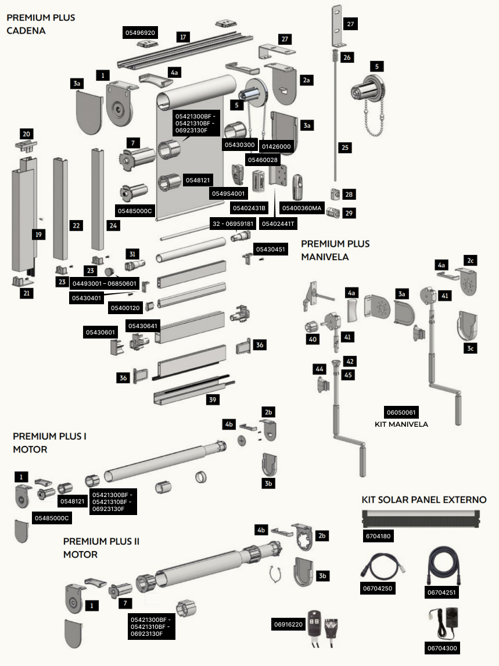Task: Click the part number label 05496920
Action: (140, 33)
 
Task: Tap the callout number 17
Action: (183, 37)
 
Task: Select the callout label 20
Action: (26, 134)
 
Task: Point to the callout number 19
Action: (39, 235)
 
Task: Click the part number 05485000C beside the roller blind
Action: (135, 211)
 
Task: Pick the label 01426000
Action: (277, 146)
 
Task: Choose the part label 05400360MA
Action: (301, 208)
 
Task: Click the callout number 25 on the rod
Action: (345, 147)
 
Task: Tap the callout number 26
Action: (347, 57)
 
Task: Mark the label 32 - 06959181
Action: (233, 224)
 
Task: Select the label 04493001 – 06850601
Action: (105, 283)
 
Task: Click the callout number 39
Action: (213, 399)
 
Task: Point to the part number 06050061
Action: (401, 412)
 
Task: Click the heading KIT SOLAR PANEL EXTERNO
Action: (423, 499)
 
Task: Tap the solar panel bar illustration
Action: (421, 519)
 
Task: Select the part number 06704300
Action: (442, 648)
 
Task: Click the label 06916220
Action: (288, 624)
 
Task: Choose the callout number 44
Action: (319, 369)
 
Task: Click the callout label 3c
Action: (471, 348)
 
